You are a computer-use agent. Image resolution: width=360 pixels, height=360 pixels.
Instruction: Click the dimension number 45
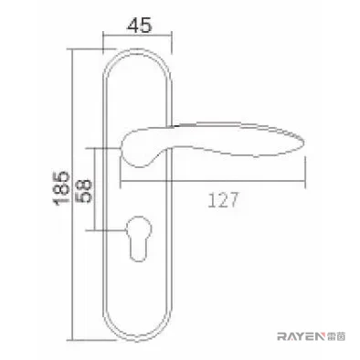click(x=140, y=25)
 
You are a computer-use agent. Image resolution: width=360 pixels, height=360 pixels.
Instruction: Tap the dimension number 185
click(x=61, y=188)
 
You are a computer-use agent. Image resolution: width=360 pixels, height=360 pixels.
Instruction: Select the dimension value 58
click(x=83, y=190)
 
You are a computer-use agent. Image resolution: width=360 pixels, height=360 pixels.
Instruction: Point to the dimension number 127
click(x=222, y=200)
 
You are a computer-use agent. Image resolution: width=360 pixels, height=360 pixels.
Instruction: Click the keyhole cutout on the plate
click(x=138, y=238)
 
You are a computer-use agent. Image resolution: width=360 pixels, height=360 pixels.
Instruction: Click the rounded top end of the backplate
click(x=137, y=49)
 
